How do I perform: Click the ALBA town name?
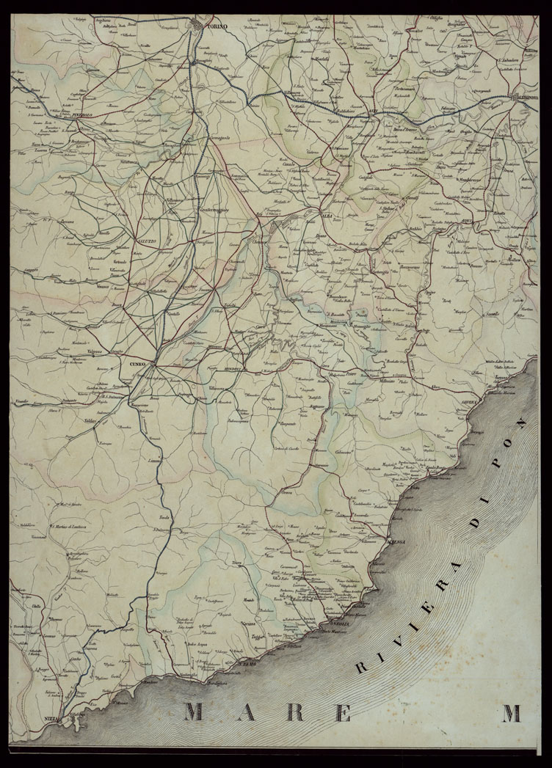[x=327, y=216]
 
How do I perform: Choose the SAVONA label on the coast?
[x=469, y=403]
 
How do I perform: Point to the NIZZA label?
[x=51, y=718]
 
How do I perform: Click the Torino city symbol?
[x=199, y=28]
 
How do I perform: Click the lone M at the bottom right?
[x=511, y=712]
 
